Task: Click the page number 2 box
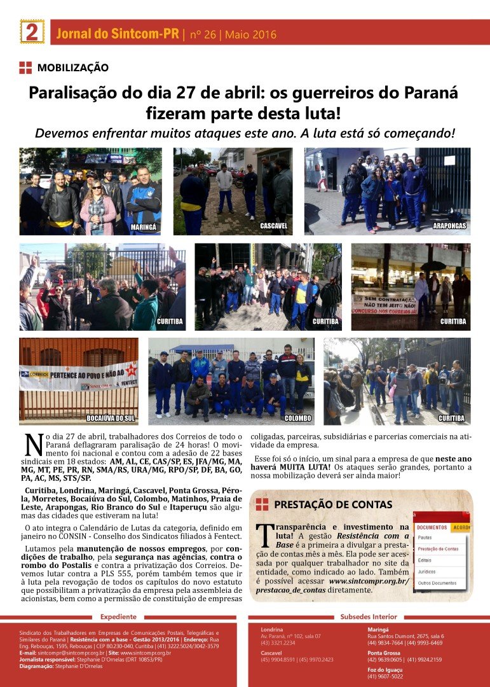pyautogui.click(x=32, y=32)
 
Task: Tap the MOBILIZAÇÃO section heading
pyautogui.click(x=72, y=67)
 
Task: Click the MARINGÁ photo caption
pyautogui.click(x=144, y=226)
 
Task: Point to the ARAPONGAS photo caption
pyautogui.click(x=450, y=226)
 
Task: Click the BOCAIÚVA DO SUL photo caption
pyautogui.click(x=111, y=418)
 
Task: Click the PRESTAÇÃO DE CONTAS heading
pyautogui.click(x=333, y=505)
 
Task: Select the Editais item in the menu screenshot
pyautogui.click(x=425, y=560)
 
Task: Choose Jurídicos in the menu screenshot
pyautogui.click(x=427, y=571)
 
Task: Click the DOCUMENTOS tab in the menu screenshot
pyautogui.click(x=432, y=527)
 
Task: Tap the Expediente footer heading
pyautogui.click(x=118, y=617)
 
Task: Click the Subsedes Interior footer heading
pyautogui.click(x=369, y=617)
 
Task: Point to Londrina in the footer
pyautogui.click(x=272, y=629)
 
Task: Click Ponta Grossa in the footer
pyautogui.click(x=384, y=653)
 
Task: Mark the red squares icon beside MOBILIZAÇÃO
pyautogui.click(x=25, y=67)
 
